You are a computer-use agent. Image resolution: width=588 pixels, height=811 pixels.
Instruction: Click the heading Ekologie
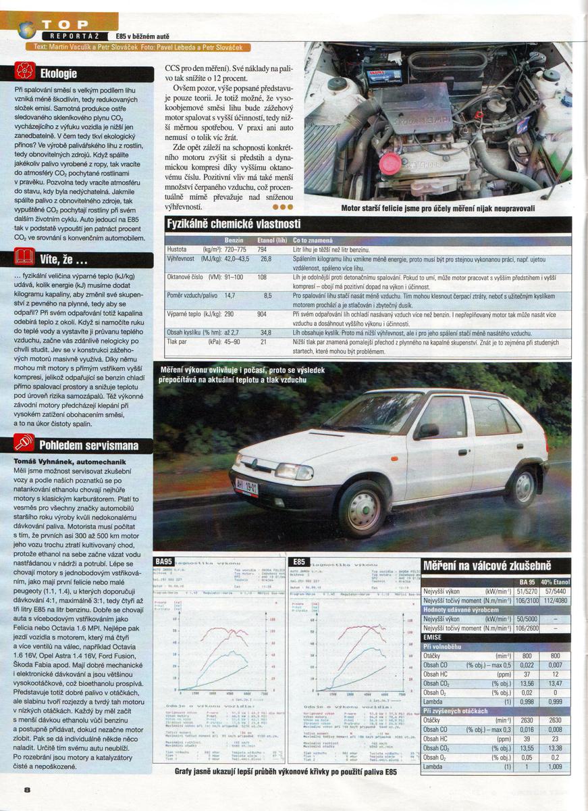(x=59, y=73)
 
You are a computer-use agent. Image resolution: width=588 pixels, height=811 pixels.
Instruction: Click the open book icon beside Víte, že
(x=25, y=257)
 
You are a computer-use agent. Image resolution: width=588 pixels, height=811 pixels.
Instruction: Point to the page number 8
(x=27, y=789)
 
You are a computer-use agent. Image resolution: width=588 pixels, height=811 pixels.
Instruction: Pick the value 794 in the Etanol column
(x=263, y=249)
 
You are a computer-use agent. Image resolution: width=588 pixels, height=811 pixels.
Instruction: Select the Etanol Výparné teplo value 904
(x=263, y=314)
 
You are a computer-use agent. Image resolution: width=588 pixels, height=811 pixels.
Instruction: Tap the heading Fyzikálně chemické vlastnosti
(x=234, y=224)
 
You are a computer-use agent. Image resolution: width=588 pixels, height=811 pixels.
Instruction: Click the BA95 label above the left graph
(x=164, y=562)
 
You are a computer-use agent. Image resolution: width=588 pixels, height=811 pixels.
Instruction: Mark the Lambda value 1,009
(x=555, y=767)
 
